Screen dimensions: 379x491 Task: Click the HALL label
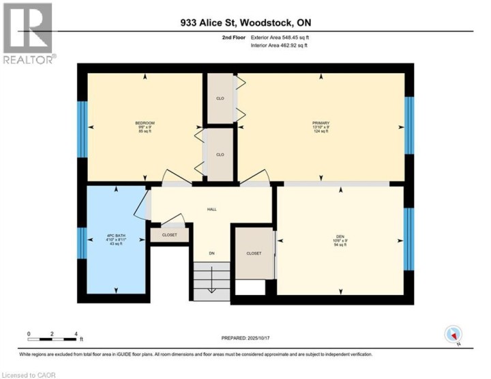pyautogui.click(x=211, y=209)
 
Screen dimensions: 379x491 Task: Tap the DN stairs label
pyautogui.click(x=212, y=254)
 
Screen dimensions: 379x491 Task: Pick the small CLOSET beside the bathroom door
pyautogui.click(x=169, y=234)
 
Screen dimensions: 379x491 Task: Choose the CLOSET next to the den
pyautogui.click(x=254, y=253)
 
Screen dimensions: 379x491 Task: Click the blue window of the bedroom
pyautogui.click(x=82, y=130)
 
